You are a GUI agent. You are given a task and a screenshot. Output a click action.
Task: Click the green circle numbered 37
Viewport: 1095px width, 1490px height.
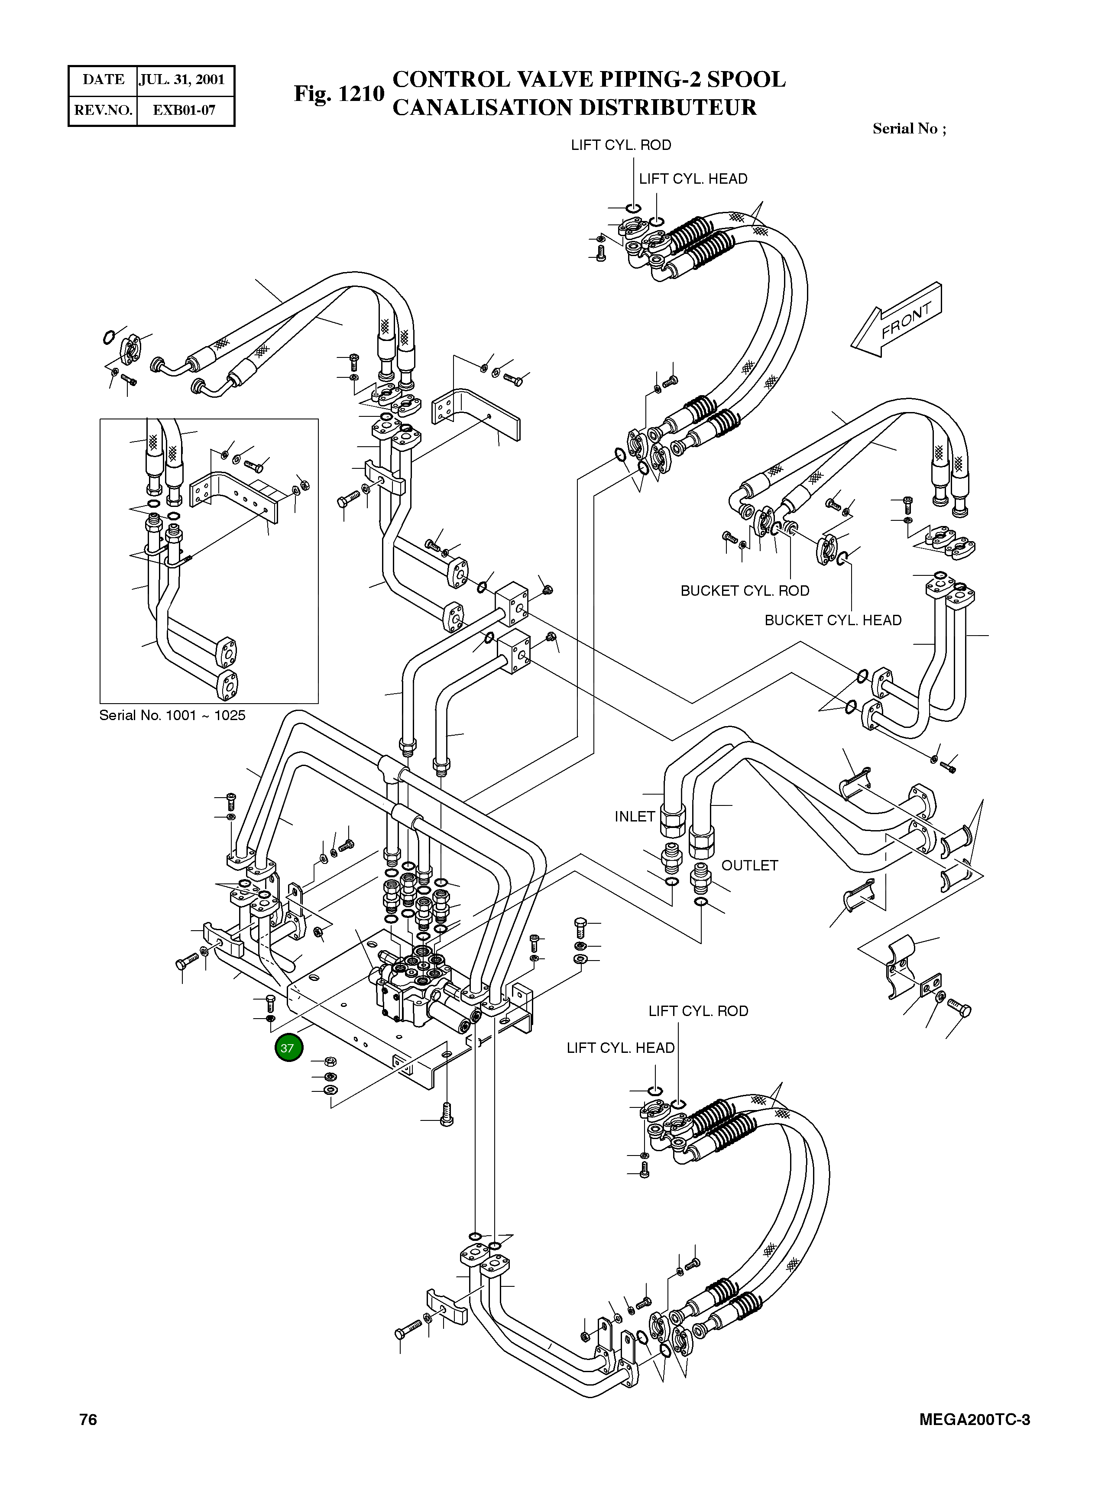(287, 1048)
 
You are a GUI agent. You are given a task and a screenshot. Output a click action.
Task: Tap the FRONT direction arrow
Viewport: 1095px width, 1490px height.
(898, 319)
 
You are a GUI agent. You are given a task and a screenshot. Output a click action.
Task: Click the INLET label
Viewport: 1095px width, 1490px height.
(634, 817)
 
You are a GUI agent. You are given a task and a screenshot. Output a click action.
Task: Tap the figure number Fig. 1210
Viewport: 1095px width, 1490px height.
(339, 94)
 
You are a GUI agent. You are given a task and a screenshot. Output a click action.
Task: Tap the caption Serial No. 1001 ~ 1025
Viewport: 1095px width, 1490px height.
(172, 716)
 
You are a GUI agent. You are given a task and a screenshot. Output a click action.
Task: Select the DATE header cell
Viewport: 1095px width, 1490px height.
(103, 80)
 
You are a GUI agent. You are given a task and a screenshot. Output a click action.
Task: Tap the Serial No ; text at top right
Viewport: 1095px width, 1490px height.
(909, 129)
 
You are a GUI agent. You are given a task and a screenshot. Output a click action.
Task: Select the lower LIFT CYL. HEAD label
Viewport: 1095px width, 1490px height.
(620, 1048)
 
